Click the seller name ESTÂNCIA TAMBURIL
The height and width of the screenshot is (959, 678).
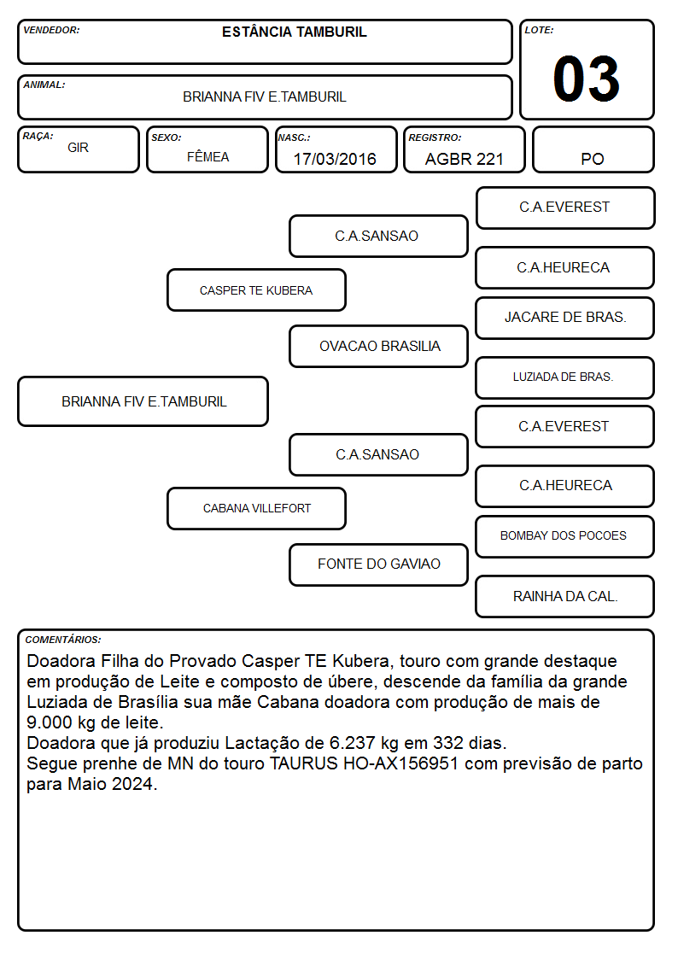[294, 32]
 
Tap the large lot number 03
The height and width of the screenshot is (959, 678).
[587, 79]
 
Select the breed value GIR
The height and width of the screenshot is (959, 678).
[79, 148]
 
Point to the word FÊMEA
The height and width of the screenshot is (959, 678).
[207, 156]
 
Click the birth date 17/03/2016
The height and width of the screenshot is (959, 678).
[335, 159]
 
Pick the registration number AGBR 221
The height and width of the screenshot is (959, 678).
[464, 159]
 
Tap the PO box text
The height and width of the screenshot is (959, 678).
[593, 159]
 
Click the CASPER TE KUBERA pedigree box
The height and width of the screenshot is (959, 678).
[256, 289]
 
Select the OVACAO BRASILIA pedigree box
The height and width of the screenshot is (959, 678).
[378, 346]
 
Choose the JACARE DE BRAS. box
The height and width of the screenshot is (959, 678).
[565, 318]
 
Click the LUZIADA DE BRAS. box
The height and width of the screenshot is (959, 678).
[565, 377]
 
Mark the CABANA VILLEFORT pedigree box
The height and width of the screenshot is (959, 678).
[256, 508]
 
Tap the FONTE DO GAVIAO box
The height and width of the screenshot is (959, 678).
[378, 564]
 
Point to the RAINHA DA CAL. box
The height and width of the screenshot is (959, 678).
[565, 596]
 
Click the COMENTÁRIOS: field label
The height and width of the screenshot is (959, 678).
[63, 640]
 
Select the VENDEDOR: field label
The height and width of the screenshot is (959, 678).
[51, 30]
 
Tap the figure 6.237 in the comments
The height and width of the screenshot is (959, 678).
[352, 743]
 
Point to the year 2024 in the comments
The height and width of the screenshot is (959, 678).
[132, 784]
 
